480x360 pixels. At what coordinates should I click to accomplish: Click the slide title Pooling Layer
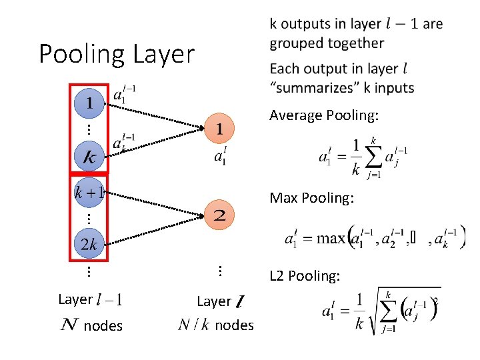[x=117, y=54]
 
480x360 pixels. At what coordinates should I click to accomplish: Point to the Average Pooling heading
[x=324, y=116]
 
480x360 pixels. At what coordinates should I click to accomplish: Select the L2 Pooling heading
[x=305, y=275]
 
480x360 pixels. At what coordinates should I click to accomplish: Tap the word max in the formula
[x=330, y=238]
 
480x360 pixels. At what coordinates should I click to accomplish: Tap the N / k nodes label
[x=216, y=325]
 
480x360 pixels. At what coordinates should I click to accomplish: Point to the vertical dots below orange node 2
[x=220, y=270]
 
